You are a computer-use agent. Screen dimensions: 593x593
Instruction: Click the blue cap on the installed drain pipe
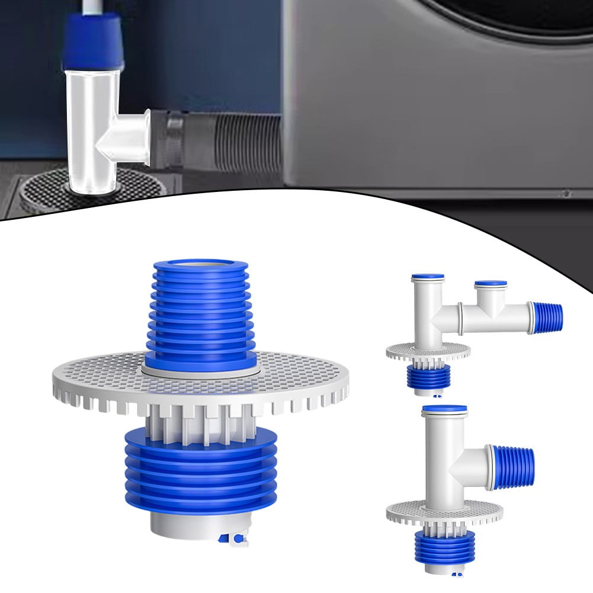pyautogui.click(x=92, y=41)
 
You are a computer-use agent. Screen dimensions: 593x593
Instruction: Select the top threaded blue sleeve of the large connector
pyautogui.click(x=201, y=308)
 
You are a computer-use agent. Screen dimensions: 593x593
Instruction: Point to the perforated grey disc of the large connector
pyautogui.click(x=95, y=379)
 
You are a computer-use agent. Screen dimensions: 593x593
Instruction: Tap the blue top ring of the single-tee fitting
pyautogui.click(x=444, y=409)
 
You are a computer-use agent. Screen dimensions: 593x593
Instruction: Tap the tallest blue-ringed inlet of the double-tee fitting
pyautogui.click(x=428, y=277)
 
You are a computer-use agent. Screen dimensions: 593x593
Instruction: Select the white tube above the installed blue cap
pyautogui.click(x=91, y=7)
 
